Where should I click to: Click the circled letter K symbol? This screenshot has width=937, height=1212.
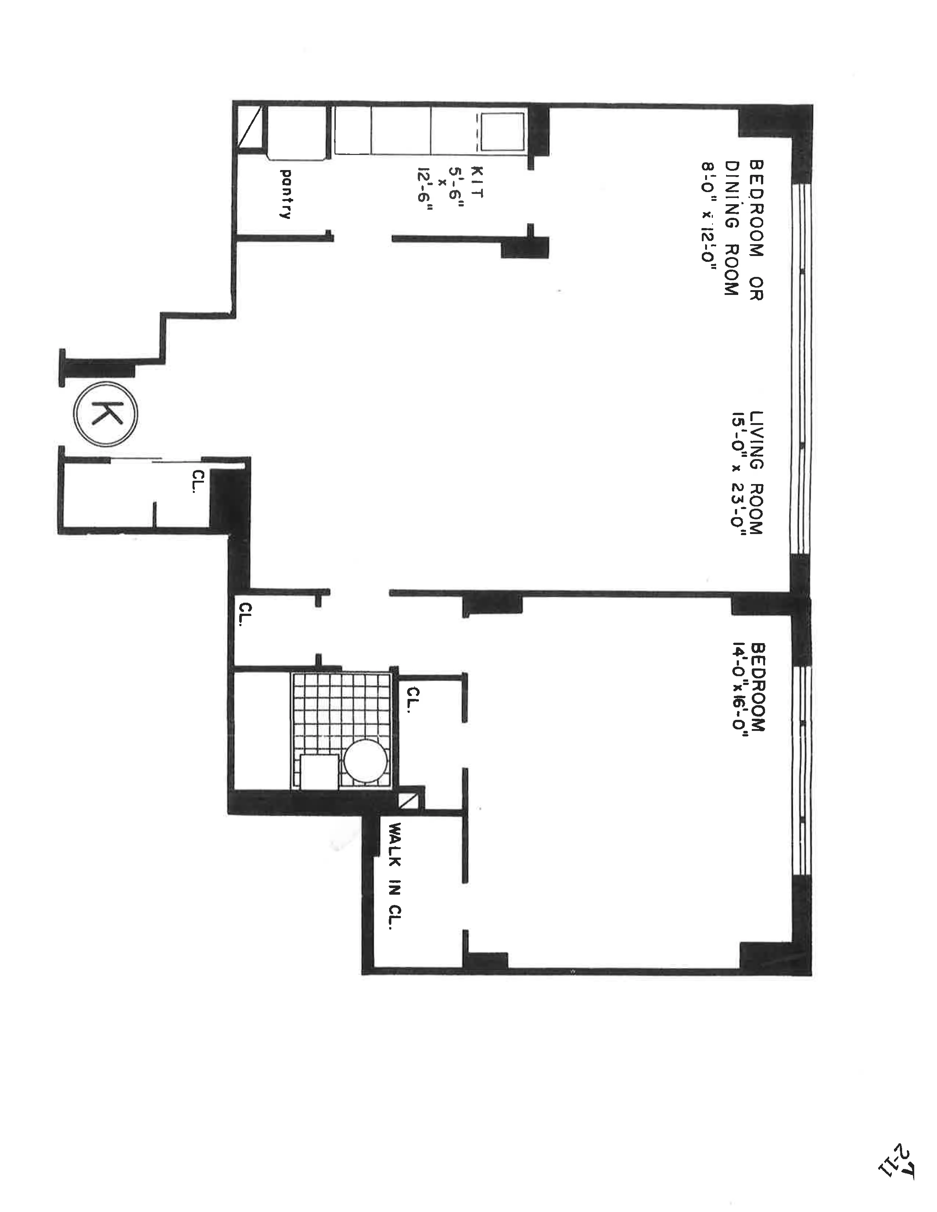click(105, 414)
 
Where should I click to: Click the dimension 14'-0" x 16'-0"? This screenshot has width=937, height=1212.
click(740, 689)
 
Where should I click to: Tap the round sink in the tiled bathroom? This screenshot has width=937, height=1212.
click(365, 761)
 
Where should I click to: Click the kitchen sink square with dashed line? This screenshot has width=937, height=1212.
click(502, 131)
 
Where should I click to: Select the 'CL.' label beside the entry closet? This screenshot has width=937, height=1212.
click(198, 481)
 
